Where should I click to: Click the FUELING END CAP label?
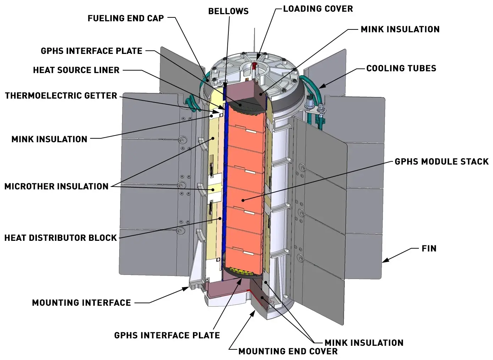point(126,18)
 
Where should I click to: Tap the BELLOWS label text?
point(228,11)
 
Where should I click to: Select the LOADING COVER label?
point(318,9)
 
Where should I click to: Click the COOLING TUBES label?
point(401,68)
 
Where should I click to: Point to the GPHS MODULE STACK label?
point(442,162)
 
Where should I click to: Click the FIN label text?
point(429,248)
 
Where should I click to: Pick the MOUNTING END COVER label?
point(288,351)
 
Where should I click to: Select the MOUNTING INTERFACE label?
point(82,303)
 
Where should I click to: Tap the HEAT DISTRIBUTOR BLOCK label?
point(61,238)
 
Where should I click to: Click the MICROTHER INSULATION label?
point(56,186)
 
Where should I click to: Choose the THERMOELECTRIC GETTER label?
point(61,95)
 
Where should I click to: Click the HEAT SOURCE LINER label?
point(76,70)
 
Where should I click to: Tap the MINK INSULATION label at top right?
point(400,29)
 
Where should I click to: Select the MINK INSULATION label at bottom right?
point(364,343)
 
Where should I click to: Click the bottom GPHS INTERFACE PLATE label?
point(167,335)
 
